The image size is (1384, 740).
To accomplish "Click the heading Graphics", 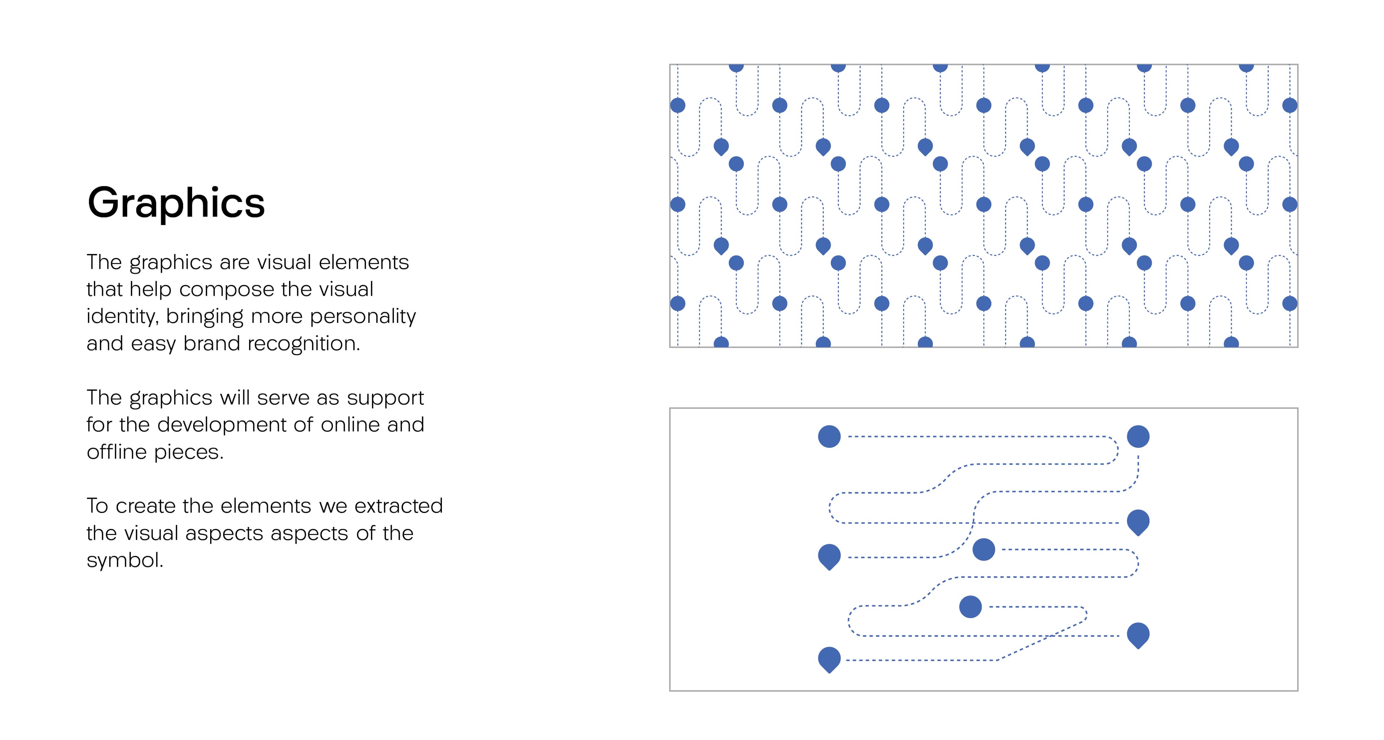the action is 176,203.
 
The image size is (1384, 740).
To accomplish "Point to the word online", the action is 350,424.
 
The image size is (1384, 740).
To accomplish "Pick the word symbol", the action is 125,560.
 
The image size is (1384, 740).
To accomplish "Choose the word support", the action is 385,398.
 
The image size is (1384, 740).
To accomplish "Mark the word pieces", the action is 188,452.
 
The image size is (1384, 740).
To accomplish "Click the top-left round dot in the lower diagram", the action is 829,437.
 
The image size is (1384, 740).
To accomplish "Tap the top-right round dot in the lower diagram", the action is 1138,437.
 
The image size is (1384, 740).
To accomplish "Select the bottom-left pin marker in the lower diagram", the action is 829,659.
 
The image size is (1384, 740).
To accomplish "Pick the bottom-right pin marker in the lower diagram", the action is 1138,635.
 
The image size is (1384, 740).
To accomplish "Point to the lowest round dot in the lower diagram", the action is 970,607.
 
